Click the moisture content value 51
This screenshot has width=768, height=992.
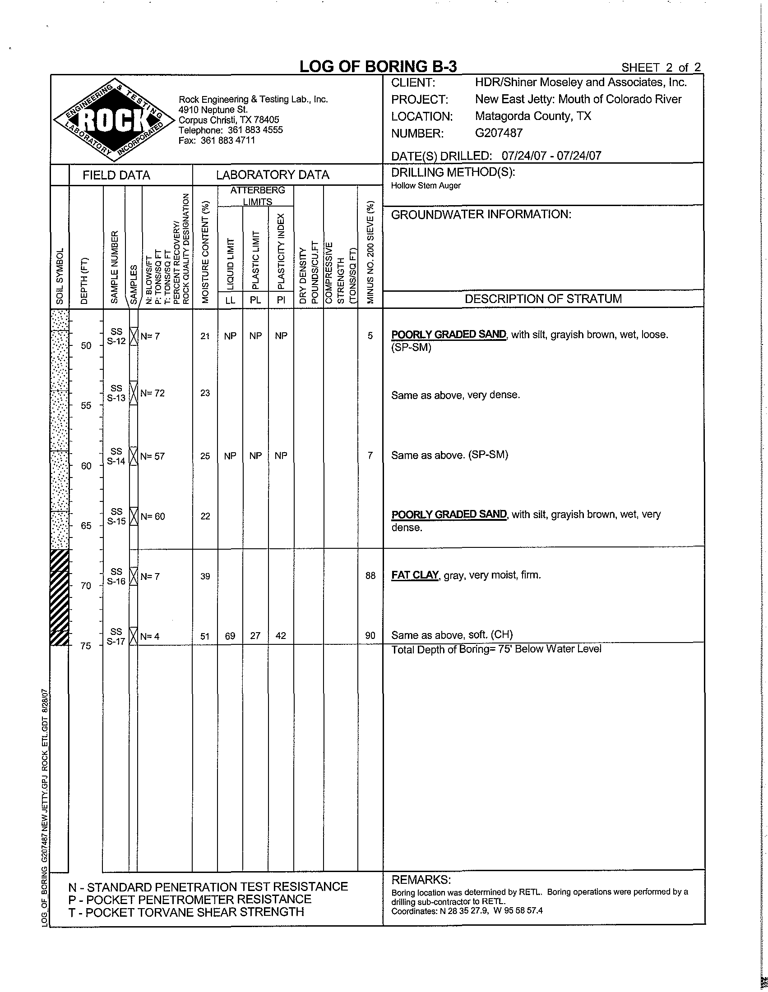205,636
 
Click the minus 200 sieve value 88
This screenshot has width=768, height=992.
370,576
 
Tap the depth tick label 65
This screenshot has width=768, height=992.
86,526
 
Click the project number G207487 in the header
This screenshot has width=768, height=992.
499,133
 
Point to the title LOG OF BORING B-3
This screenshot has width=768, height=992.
378,67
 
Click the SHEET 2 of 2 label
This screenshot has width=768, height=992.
661,68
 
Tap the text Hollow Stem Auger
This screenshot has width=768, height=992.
426,186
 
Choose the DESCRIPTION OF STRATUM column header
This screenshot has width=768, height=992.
543,299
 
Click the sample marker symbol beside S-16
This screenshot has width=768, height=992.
134,576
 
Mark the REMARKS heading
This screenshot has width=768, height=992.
421,880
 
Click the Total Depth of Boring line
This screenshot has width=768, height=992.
496,649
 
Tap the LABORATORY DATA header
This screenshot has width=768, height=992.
273,175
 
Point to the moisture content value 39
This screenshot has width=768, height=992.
205,576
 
